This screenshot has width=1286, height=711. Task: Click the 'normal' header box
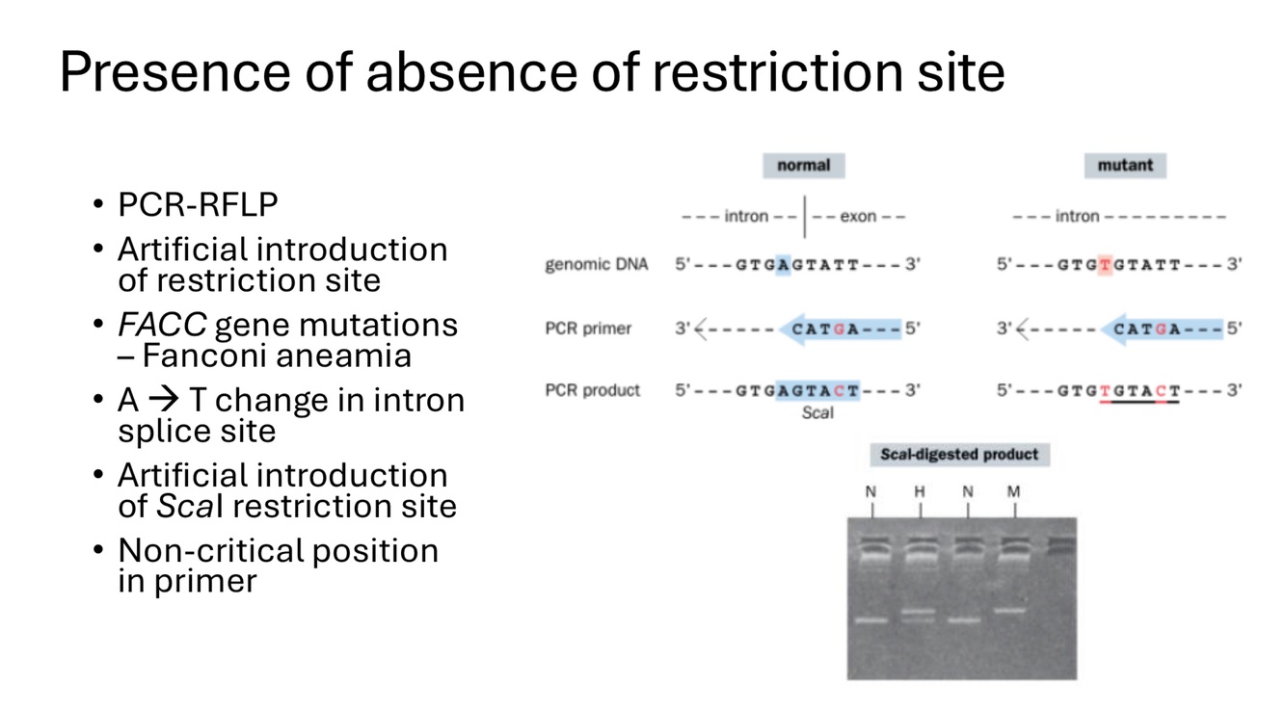[803, 165]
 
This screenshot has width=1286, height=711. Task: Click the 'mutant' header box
[1124, 165]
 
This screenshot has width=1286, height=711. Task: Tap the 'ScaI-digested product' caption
[959, 454]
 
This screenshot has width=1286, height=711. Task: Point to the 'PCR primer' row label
[588, 329]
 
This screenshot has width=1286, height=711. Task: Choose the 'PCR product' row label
[592, 390]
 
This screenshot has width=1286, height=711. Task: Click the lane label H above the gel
[919, 492]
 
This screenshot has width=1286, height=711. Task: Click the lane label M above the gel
[1013, 492]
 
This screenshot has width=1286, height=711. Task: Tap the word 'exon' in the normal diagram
[858, 217]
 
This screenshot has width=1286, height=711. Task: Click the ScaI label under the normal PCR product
[817, 412]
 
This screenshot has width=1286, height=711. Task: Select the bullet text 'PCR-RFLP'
[198, 205]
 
